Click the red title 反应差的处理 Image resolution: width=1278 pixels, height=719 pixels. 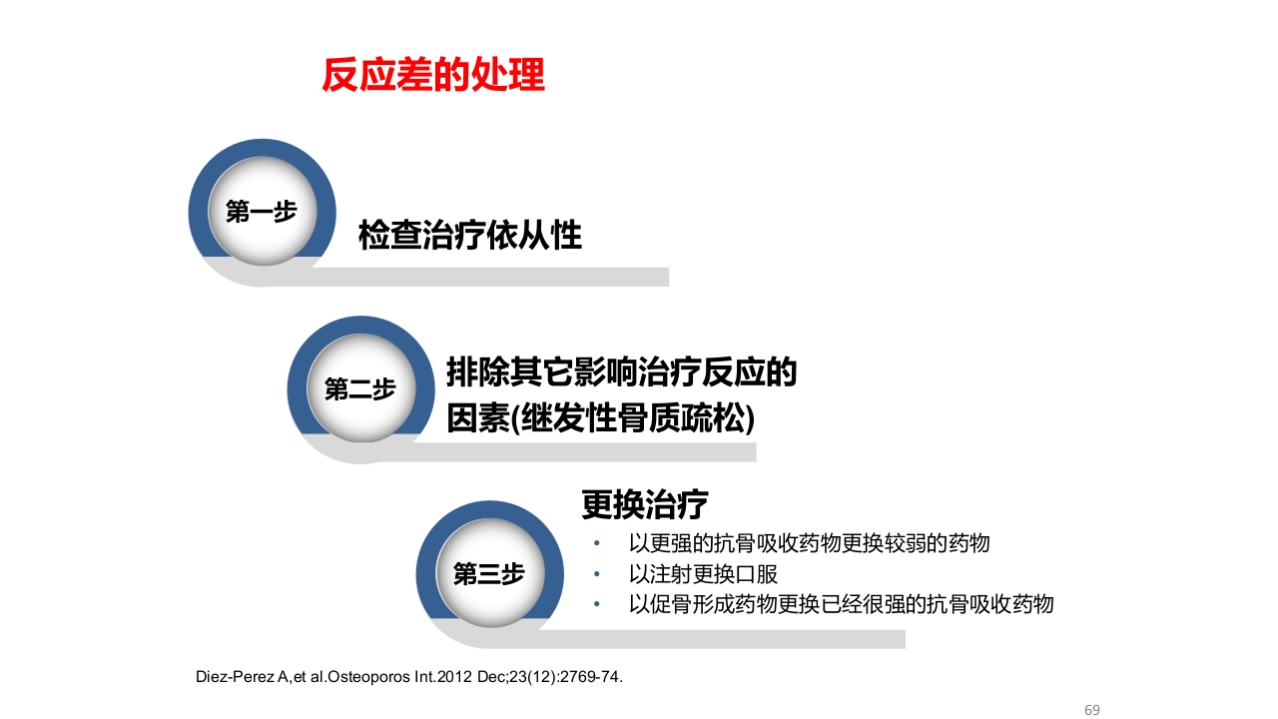pos(433,76)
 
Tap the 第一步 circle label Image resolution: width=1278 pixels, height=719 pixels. pos(262,212)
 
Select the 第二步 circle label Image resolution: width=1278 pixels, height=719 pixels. pos(360,389)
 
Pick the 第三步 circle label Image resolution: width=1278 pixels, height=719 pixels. pos(488,574)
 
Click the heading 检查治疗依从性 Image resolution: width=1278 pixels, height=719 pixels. pos(469,237)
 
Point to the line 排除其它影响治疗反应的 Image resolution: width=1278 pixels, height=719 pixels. pos(621,374)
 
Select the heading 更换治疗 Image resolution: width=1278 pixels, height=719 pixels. pos(645,505)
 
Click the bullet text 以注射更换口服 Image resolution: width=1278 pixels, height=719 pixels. pos(703,574)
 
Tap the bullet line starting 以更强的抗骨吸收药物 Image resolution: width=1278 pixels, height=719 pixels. pos(809,544)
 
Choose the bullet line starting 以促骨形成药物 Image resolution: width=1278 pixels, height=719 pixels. pos(841,604)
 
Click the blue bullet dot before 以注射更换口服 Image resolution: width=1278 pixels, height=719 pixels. pos(597,574)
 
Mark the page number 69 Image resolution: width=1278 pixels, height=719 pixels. pos(1091,710)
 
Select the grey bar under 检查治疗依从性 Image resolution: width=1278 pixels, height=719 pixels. pos(499,277)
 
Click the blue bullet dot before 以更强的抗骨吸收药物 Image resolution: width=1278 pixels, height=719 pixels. pos(597,544)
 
